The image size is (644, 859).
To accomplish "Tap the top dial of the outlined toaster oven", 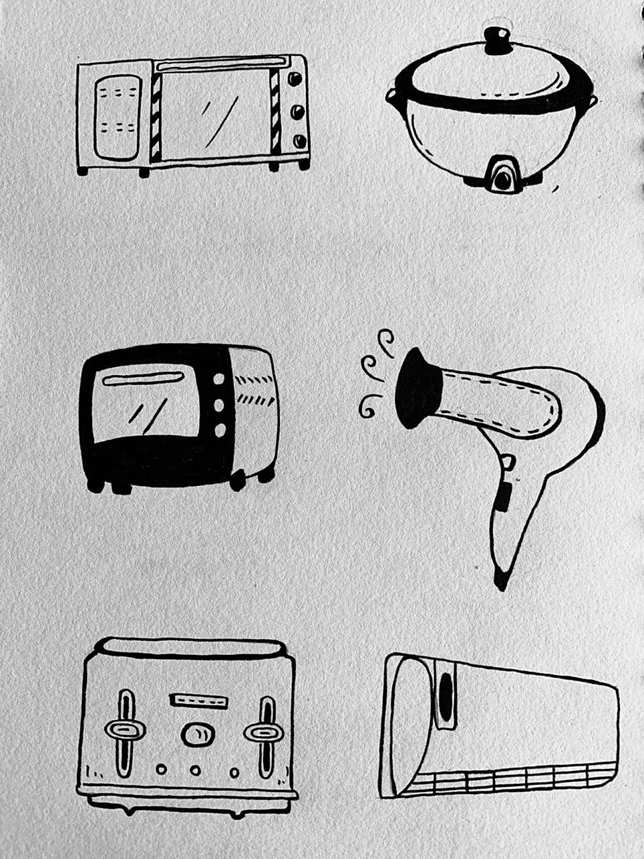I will [x=294, y=79].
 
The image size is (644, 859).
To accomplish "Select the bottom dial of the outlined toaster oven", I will [x=299, y=141].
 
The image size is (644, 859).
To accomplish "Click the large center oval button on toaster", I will [x=195, y=734].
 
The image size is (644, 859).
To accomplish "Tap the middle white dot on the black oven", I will [x=219, y=405].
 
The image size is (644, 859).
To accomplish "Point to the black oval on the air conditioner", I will [x=445, y=693].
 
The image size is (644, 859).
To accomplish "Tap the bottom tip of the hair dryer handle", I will [x=500, y=580].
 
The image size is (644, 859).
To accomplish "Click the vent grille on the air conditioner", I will [x=510, y=779].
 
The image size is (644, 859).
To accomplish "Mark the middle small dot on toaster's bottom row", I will [x=195, y=770].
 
